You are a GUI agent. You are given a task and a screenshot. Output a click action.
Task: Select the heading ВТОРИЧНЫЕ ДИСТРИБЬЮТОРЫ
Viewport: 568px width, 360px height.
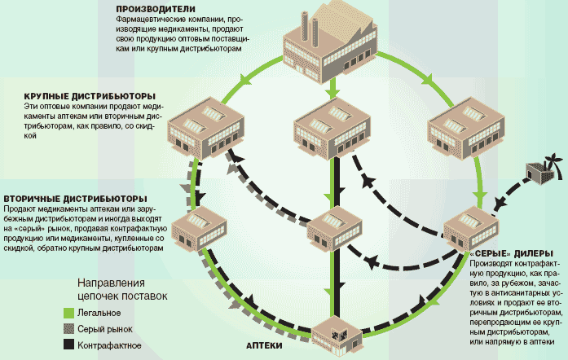click(x=75, y=199)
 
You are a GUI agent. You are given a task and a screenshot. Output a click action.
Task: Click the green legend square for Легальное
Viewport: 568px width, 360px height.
click(x=71, y=312)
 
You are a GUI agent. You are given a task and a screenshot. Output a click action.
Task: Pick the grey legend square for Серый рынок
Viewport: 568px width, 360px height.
click(x=71, y=329)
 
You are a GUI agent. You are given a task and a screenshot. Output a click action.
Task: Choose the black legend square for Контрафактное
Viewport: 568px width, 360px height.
click(x=71, y=346)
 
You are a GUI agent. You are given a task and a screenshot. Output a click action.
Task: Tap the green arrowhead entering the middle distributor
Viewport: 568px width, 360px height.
click(x=332, y=97)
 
